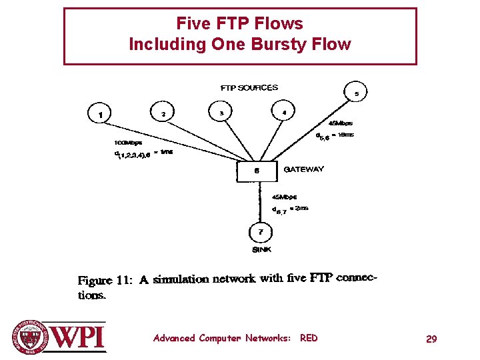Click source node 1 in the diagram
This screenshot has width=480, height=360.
click(x=101, y=114)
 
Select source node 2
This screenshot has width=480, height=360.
click(x=163, y=113)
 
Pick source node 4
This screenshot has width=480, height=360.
click(x=284, y=113)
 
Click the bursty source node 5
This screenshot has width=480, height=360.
click(x=356, y=93)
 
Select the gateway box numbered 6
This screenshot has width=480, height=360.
click(x=257, y=171)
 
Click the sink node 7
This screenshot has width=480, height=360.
click(x=261, y=232)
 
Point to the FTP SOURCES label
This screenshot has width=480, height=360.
click(x=249, y=87)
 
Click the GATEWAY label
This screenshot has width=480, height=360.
click(x=304, y=169)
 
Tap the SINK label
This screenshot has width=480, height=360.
click(x=261, y=249)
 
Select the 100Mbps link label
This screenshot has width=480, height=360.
click(x=127, y=143)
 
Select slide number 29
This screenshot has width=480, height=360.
click(x=431, y=339)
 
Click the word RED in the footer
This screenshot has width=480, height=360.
click(x=309, y=338)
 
